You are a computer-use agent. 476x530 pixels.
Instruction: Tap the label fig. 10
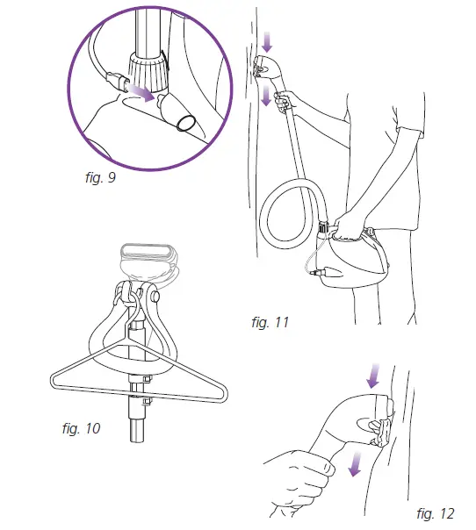tap(81, 429)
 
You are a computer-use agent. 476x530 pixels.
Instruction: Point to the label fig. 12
tap(436, 512)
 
